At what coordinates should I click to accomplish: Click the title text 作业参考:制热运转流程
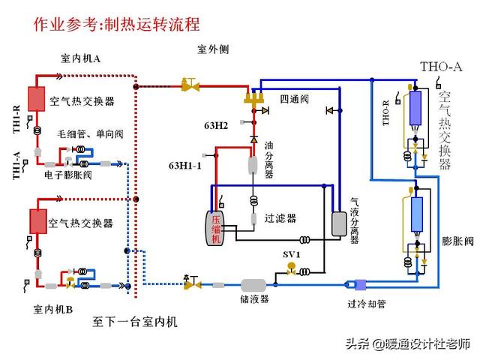click(x=117, y=23)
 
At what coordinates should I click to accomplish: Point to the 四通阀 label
click(x=294, y=98)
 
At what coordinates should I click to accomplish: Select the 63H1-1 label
click(x=184, y=165)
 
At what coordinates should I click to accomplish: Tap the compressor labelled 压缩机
click(x=217, y=227)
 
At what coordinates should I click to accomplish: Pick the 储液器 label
click(x=255, y=298)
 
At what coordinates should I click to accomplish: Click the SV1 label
click(x=292, y=254)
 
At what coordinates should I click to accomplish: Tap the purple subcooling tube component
click(x=360, y=283)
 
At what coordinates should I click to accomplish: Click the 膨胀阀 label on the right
click(x=457, y=241)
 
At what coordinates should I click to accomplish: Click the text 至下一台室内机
click(x=136, y=322)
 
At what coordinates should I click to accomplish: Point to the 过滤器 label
click(x=280, y=218)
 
